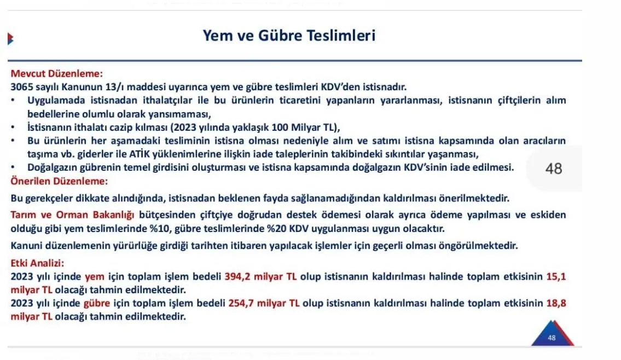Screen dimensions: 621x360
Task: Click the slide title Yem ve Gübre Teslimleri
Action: [289, 36]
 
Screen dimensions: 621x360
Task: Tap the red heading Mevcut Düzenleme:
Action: [57, 74]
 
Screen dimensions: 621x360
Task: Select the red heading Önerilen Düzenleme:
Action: [59, 182]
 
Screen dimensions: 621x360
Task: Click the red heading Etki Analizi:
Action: [37, 263]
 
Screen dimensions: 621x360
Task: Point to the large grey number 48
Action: [554, 169]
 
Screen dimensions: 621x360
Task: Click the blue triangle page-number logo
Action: [553, 334]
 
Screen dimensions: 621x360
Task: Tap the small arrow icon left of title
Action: [11, 39]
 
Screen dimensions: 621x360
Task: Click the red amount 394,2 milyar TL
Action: [260, 276]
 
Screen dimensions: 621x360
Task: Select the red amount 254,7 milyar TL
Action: [264, 303]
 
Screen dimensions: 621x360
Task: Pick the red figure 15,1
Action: [556, 276]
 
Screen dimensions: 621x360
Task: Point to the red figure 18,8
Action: [556, 303]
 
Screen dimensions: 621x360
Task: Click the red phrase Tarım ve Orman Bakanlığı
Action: [72, 215]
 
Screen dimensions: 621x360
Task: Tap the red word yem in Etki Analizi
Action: [95, 277]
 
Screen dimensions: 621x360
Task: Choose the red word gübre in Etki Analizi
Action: [97, 304]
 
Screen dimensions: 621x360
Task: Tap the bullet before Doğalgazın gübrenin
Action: [13, 167]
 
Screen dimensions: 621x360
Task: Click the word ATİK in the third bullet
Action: [140, 154]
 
